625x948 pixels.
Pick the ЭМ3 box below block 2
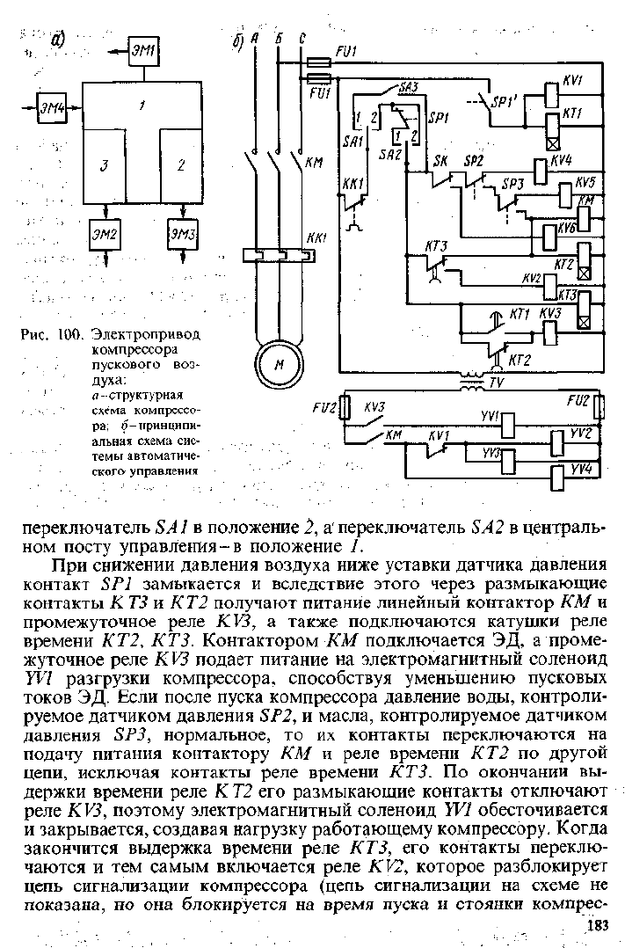183,234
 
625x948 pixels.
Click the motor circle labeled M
280,365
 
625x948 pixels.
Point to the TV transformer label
497,383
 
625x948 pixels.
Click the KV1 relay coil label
571,80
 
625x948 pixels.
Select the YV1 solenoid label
490,417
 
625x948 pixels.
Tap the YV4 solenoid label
582,470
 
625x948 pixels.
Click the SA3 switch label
409,88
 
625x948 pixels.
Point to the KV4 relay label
560,161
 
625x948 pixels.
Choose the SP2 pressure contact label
474,161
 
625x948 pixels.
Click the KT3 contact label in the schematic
436,246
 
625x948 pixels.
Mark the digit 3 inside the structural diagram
104,165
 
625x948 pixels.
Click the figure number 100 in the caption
70,334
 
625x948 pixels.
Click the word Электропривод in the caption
146,334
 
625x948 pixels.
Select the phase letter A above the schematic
254,38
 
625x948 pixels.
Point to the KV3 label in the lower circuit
374,407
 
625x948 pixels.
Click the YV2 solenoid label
582,433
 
